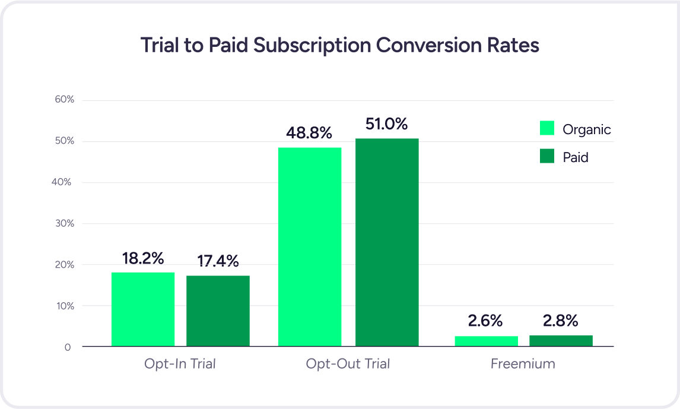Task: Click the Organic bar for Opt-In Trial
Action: tap(143, 309)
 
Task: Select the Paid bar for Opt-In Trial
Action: tap(218, 311)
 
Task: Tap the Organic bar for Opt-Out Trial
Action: tap(310, 247)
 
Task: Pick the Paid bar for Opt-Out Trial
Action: tap(387, 242)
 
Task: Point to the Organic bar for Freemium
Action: tap(487, 341)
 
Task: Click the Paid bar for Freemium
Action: tap(561, 341)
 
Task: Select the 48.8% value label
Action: tap(309, 133)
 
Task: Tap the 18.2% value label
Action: tap(143, 258)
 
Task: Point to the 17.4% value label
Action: tap(218, 261)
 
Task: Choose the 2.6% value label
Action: tap(485, 321)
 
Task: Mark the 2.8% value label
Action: tap(560, 321)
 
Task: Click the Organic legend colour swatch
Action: tap(546, 129)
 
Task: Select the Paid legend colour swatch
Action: tap(546, 156)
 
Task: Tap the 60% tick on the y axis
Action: tap(65, 100)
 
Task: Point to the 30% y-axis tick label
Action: tap(65, 224)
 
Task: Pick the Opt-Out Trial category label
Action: tap(348, 363)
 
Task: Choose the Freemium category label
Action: tap(523, 363)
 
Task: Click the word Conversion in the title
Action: tap(417, 46)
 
